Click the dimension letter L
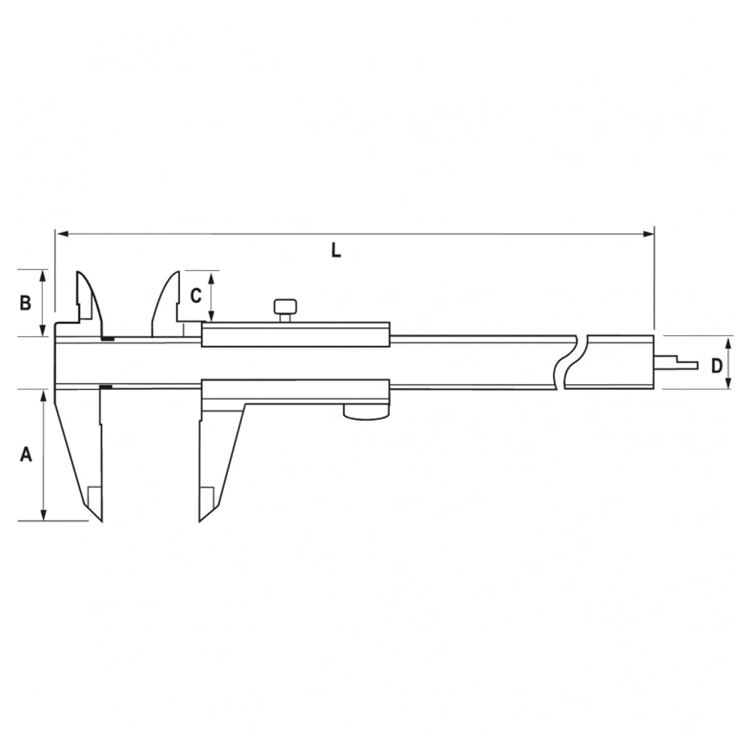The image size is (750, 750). click(336, 250)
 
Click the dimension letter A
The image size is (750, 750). click(25, 454)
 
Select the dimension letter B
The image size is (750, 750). click(25, 303)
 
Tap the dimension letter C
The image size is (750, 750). click(196, 295)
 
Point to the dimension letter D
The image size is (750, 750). click(716, 366)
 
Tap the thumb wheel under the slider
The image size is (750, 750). click(366, 412)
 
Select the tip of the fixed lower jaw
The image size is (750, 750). click(101, 521)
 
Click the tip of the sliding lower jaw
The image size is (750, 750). click(200, 521)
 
